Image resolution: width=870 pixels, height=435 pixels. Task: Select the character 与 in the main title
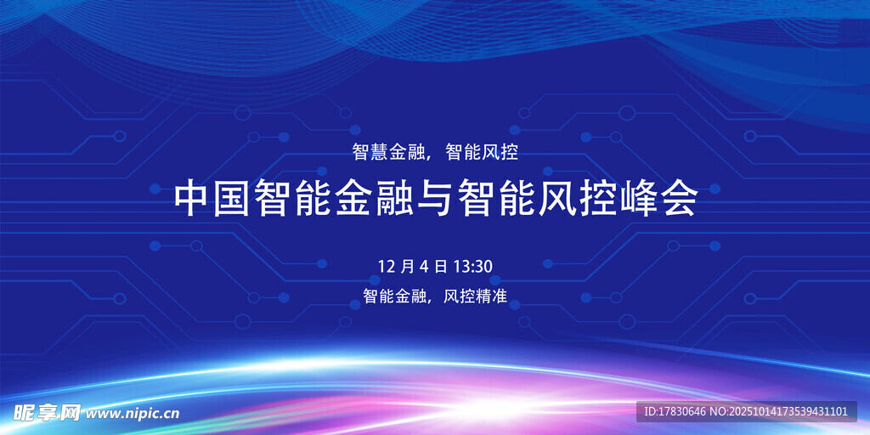[x=436, y=201]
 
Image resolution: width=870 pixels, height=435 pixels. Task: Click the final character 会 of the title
[x=680, y=201]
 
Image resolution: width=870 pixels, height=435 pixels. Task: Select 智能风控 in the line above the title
[x=482, y=152]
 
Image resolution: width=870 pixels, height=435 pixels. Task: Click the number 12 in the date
[x=386, y=266]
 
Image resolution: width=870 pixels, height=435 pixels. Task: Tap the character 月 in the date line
[x=407, y=266]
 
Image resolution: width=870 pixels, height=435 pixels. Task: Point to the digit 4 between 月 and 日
[x=425, y=266]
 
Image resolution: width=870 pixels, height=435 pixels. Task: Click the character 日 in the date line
[x=441, y=266]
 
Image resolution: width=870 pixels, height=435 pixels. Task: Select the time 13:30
[x=473, y=266]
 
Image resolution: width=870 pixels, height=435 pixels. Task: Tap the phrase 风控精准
[x=476, y=296]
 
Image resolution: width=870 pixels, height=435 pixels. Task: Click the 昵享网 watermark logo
[x=48, y=412]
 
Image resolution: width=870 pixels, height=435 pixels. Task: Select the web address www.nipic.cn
[x=133, y=414]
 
